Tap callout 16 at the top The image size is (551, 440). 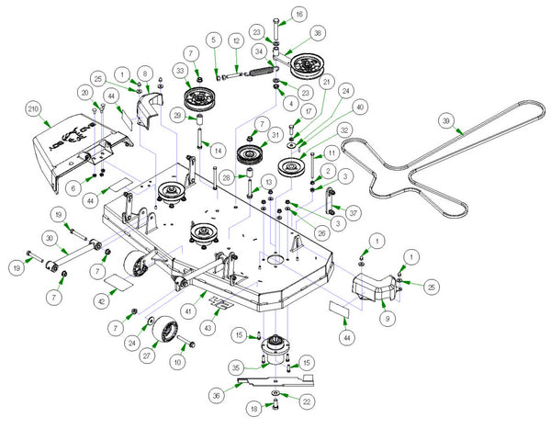tap(299, 15)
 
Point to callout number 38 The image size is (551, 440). tap(318, 32)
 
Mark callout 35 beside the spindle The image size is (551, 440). tap(236, 367)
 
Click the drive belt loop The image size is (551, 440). tap(432, 165)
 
